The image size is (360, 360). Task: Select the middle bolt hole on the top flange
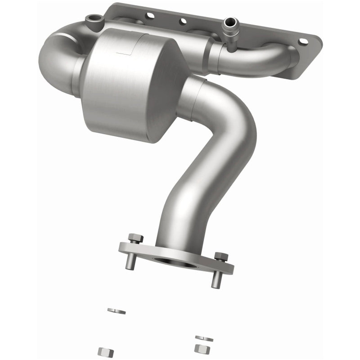tap(183, 21)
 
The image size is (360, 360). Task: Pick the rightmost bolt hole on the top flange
tap(305, 41)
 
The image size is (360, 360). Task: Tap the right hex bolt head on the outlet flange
tap(221, 256)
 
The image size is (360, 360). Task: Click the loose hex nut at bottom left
tap(105, 351)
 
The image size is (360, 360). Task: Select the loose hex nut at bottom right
tap(200, 348)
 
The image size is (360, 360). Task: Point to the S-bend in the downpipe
tap(220, 148)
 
